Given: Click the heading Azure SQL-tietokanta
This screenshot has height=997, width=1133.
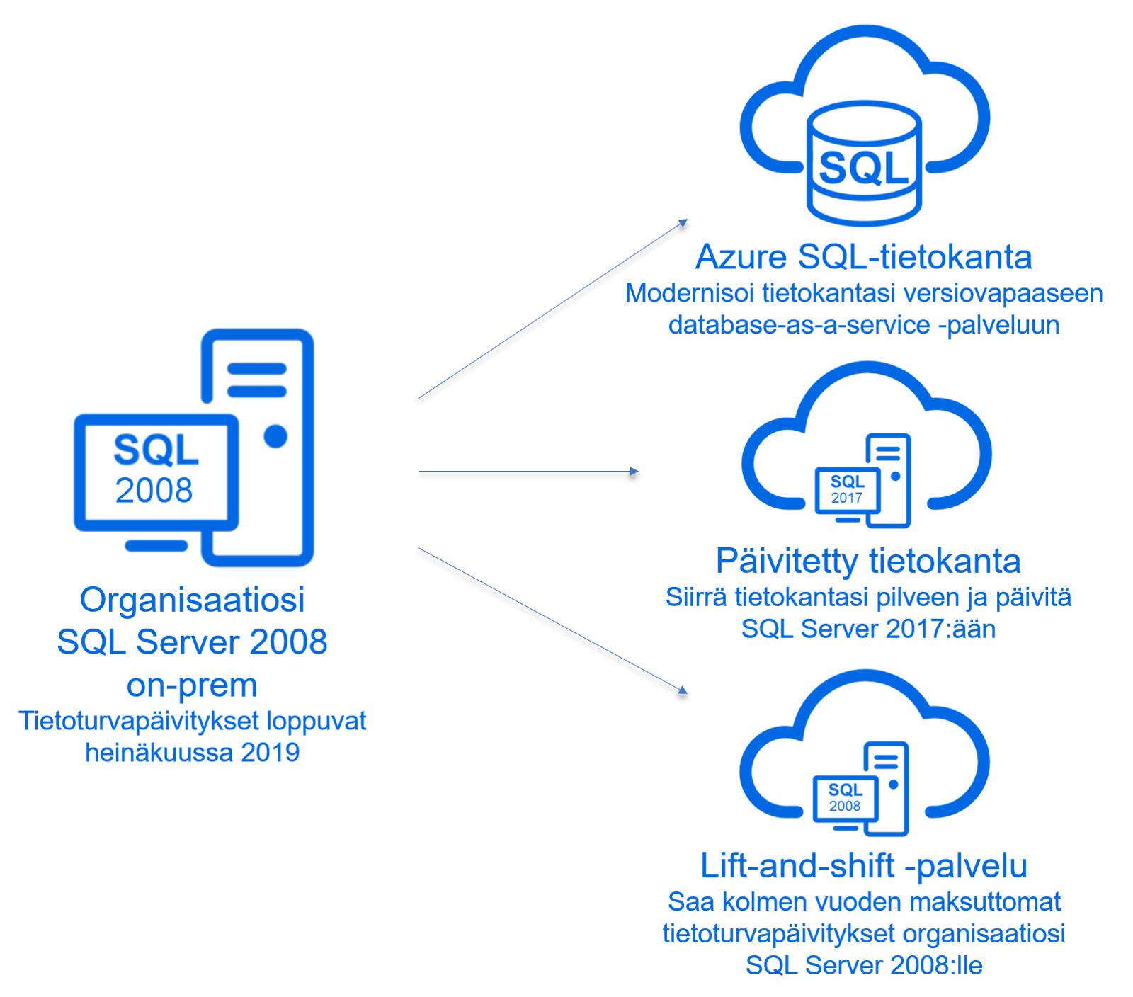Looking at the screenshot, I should [x=863, y=257].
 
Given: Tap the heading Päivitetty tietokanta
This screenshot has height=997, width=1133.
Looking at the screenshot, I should [x=867, y=562].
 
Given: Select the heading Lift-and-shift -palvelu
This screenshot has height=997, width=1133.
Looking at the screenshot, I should [x=864, y=867].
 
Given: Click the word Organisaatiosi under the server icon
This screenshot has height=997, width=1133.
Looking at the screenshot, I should [x=192, y=600].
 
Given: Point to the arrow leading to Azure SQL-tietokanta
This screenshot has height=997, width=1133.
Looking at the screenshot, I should [x=552, y=312].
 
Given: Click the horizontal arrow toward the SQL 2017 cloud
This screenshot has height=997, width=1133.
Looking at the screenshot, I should [x=528, y=474].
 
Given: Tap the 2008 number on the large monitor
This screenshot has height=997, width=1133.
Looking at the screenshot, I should [x=154, y=490].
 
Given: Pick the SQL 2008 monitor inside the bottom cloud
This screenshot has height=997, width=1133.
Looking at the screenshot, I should [x=845, y=798].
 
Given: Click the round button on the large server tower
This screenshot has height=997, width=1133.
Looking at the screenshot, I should [x=275, y=436].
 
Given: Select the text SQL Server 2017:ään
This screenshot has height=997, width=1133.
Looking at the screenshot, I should [x=868, y=629].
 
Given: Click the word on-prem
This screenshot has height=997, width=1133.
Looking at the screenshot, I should [x=192, y=685].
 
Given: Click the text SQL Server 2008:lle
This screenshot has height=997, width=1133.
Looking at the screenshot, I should [x=864, y=966].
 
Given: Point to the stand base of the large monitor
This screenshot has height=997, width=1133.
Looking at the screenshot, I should [x=156, y=545].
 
